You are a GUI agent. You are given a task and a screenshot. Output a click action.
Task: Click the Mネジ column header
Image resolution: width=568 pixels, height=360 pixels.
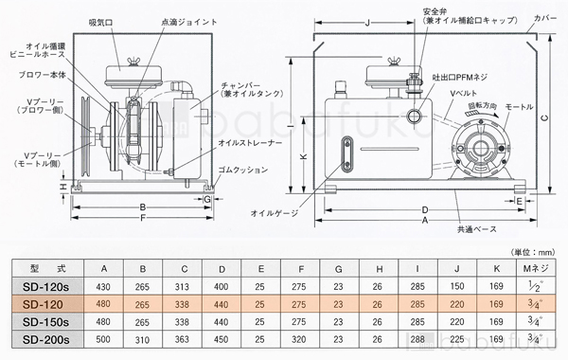(537, 268)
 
